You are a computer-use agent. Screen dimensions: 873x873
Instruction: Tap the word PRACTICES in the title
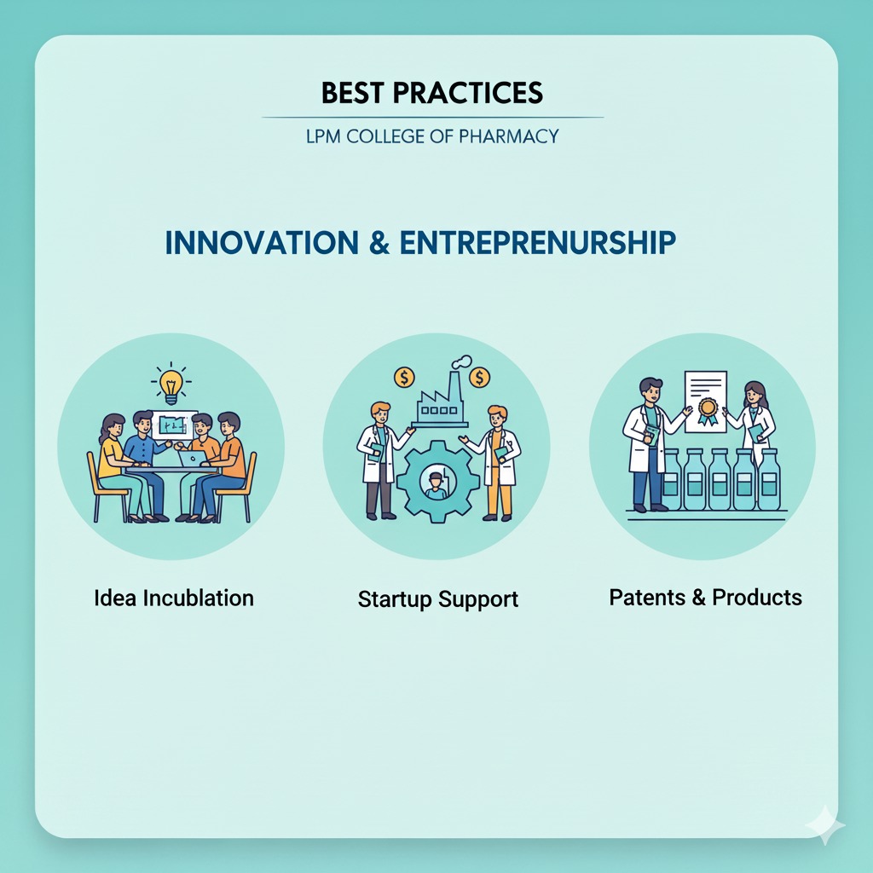point(468,92)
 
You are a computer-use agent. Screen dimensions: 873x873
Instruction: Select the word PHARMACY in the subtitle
point(508,136)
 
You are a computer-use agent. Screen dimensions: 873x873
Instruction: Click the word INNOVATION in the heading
point(262,243)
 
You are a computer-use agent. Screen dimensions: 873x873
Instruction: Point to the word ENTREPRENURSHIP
point(538,243)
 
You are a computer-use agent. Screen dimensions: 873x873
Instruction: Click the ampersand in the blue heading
point(379,243)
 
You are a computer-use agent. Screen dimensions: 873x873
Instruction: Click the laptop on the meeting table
point(193,459)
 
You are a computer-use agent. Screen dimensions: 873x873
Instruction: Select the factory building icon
point(439,397)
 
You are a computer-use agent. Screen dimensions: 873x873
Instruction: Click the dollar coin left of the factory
point(404,378)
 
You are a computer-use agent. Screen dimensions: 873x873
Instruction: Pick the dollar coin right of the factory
point(479,378)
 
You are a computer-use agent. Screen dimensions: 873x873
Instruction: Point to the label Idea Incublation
point(174,598)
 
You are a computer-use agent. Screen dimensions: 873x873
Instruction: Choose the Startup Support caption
point(437,599)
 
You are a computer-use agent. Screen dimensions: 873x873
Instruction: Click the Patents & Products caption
point(705,598)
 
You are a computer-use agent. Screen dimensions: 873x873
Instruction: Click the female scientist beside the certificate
point(752,421)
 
